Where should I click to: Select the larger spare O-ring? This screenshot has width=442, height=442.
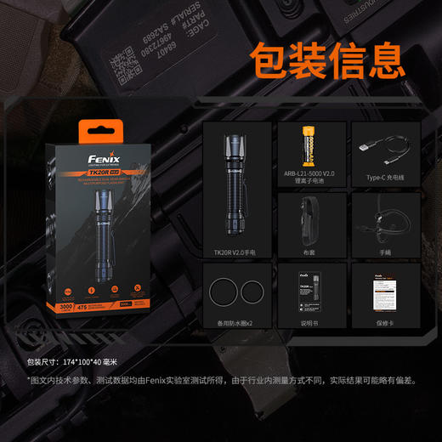click(224, 294)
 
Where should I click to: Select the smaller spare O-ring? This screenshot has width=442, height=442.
click(252, 294)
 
